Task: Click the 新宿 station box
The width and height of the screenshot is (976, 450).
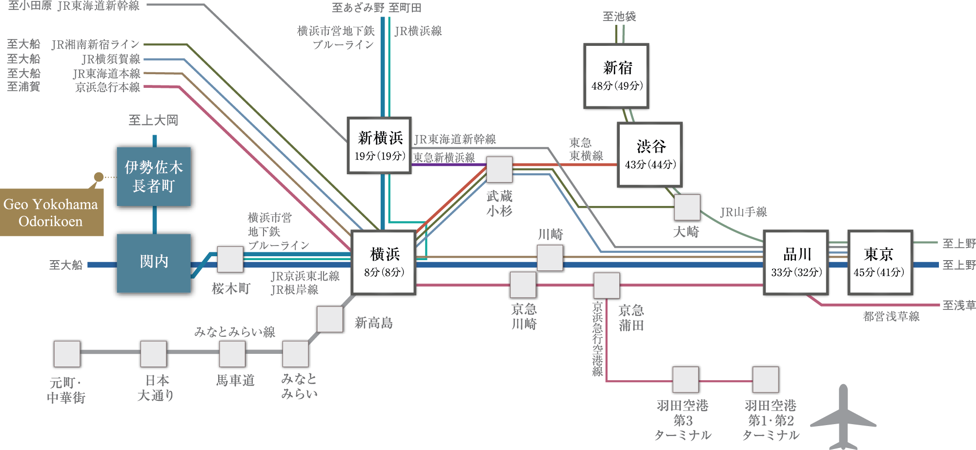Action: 616,77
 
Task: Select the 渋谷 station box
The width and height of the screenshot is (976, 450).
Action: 650,155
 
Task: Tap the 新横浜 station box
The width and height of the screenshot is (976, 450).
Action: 380,145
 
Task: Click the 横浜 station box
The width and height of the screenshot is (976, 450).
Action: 384,263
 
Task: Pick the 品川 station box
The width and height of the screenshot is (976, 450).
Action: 796,263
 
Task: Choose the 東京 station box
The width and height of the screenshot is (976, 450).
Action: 880,263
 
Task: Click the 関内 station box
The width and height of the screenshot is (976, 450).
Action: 154,263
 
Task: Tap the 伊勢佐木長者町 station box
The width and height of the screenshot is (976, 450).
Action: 154,177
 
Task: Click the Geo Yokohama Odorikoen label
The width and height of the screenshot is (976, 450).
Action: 51,213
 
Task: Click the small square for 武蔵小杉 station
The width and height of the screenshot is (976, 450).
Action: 499,169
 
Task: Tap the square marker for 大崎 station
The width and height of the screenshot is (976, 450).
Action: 687,207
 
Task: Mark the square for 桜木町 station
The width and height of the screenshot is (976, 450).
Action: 230,260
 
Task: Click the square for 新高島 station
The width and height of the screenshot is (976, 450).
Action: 330,319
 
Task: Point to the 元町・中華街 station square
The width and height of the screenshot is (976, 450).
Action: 67,354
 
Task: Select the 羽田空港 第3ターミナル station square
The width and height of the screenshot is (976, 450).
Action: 686,379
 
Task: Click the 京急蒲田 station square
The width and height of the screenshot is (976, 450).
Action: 606,285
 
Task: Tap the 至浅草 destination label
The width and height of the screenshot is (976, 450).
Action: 958,306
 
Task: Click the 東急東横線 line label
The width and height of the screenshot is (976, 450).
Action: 586,149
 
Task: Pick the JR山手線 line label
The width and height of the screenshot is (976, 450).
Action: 743,212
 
